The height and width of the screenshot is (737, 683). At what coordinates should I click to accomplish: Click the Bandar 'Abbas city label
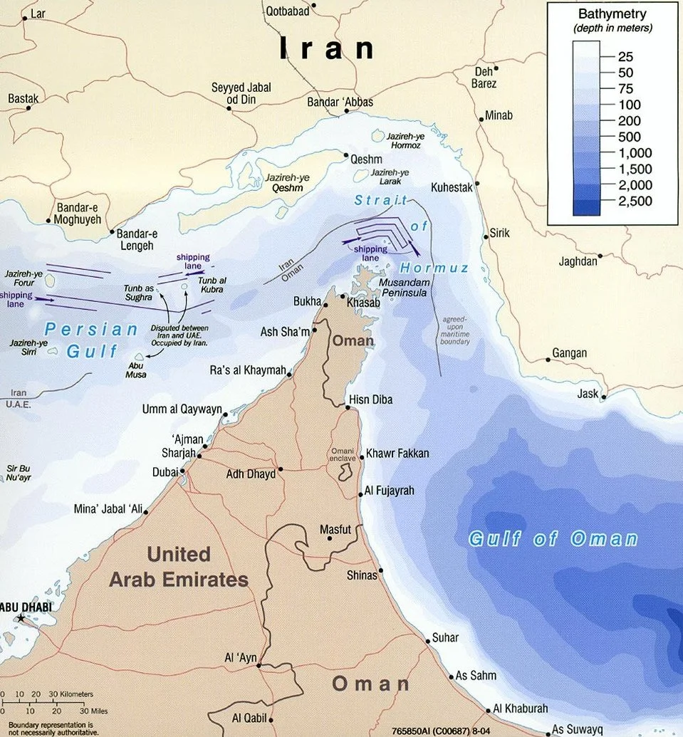[x=340, y=103]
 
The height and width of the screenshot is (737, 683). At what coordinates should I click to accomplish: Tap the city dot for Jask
[x=604, y=397]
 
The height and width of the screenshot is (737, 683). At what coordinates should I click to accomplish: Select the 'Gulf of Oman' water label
[x=553, y=538]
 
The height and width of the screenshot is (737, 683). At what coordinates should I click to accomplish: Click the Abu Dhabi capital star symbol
[x=21, y=619]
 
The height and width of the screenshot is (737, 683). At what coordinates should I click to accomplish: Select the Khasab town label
[x=364, y=303]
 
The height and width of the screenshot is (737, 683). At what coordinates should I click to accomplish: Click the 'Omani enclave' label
[x=347, y=456]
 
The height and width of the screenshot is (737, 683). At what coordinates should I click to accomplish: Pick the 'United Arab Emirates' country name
[x=178, y=567]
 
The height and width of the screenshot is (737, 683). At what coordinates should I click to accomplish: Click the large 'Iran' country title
[x=327, y=48]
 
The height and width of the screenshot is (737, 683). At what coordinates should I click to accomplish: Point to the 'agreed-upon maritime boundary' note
[x=456, y=331]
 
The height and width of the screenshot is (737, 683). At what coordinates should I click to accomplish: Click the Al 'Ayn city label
[x=239, y=658]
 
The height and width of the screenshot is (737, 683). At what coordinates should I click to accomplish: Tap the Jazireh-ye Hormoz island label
[x=403, y=140]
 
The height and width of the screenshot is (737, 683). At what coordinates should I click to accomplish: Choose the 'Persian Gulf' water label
[x=91, y=340]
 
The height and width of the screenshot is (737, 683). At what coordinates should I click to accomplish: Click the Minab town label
[x=499, y=115]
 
